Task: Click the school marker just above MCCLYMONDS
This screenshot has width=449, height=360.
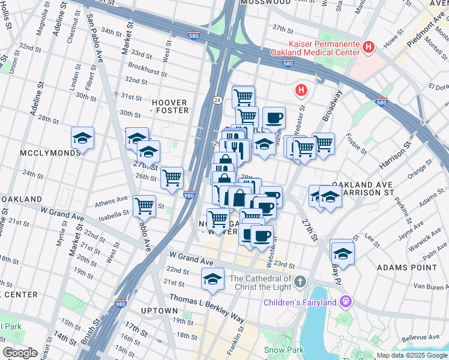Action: pos(82,138)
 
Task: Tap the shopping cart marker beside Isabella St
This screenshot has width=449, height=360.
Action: pos(144,206)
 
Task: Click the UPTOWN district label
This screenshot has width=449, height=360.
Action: pos(159,311)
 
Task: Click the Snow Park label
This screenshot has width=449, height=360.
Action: pos(282,349)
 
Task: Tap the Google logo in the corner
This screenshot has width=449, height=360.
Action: pos(20,352)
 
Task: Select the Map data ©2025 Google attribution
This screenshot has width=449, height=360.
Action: pos(411,355)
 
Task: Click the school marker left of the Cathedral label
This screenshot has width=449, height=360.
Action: pos(212,279)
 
